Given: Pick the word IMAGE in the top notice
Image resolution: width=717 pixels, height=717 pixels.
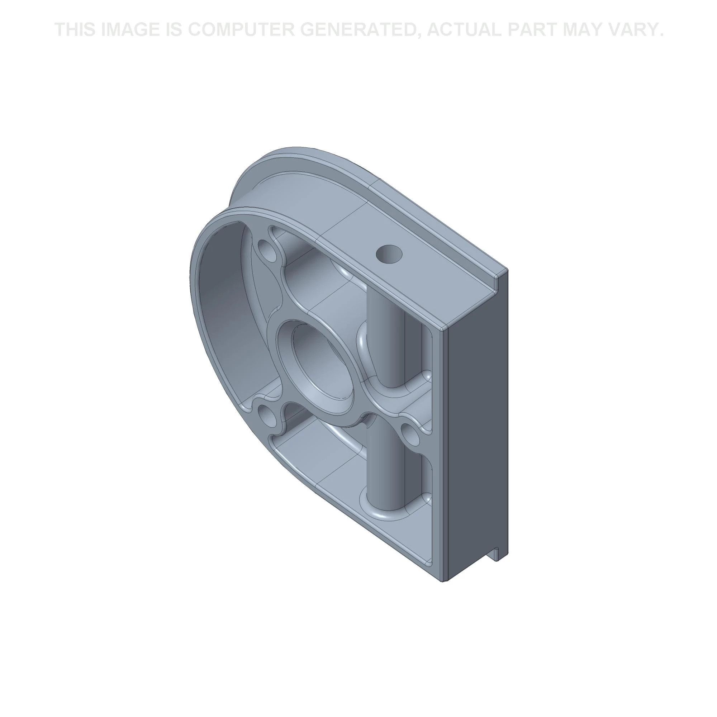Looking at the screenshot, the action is [x=132, y=30].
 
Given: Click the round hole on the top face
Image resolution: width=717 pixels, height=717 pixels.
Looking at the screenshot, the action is [x=389, y=254].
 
